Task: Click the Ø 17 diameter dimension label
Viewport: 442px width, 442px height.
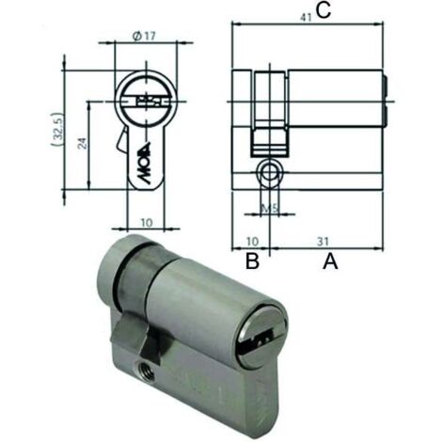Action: click(x=144, y=36)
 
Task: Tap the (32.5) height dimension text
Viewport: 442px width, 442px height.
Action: click(x=57, y=130)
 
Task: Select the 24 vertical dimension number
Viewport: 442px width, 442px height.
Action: click(x=82, y=143)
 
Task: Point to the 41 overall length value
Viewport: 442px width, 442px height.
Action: click(x=306, y=18)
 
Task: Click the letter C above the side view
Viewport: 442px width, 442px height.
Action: click(x=323, y=11)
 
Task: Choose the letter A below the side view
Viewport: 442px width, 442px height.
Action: click(x=330, y=261)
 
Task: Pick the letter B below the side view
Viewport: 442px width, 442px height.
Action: click(x=252, y=261)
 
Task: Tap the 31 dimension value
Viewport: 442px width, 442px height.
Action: click(x=323, y=242)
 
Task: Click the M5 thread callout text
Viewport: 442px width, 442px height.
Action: click(x=270, y=208)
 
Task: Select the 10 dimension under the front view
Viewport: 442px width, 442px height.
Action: click(x=147, y=223)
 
